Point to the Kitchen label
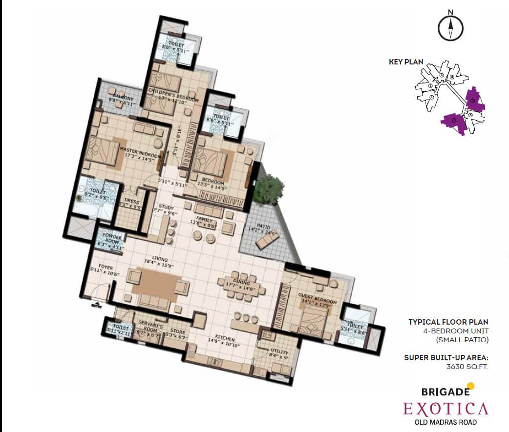click(x=224, y=339)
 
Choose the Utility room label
click(x=278, y=352)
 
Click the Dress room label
click(x=132, y=202)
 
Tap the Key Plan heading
click(x=405, y=62)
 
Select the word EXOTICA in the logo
click(x=445, y=408)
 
